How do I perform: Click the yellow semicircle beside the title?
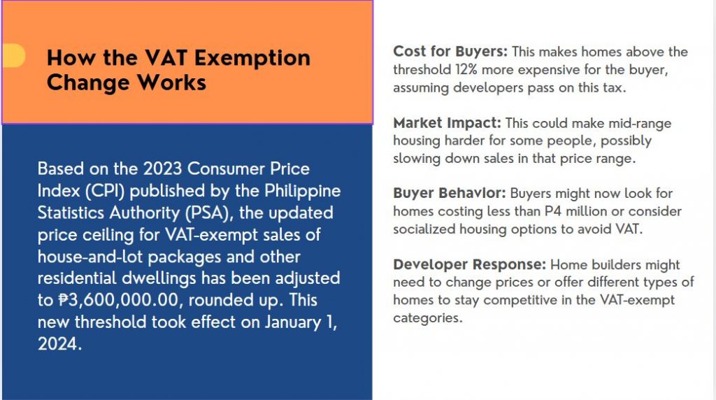coord(14,56)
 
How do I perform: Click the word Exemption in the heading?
coord(252,59)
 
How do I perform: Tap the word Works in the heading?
coord(172,83)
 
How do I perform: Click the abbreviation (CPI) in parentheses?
coord(105,191)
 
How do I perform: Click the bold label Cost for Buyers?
coord(450,51)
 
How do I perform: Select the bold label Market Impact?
coord(447,123)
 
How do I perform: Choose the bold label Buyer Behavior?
coord(450,193)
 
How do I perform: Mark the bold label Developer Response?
coord(469,264)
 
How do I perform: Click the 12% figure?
coord(466,70)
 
